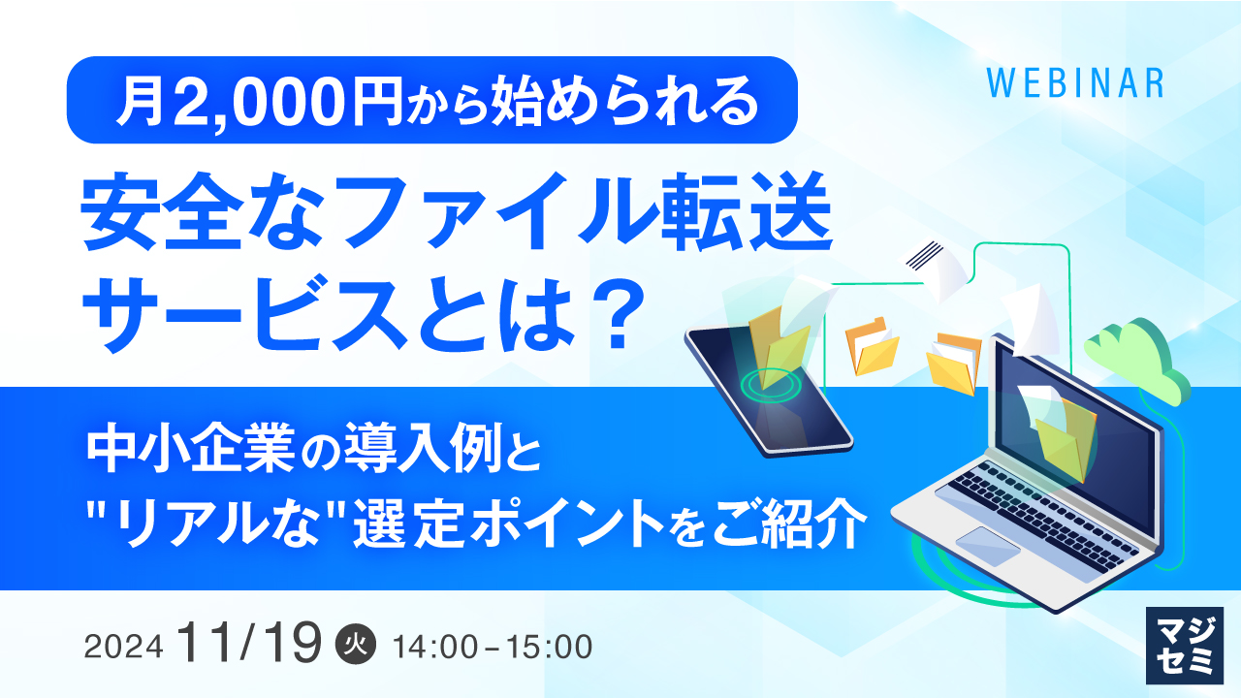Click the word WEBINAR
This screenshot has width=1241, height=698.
click(1074, 83)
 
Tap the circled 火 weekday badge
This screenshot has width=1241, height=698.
click(352, 645)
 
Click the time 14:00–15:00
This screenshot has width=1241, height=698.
click(491, 647)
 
